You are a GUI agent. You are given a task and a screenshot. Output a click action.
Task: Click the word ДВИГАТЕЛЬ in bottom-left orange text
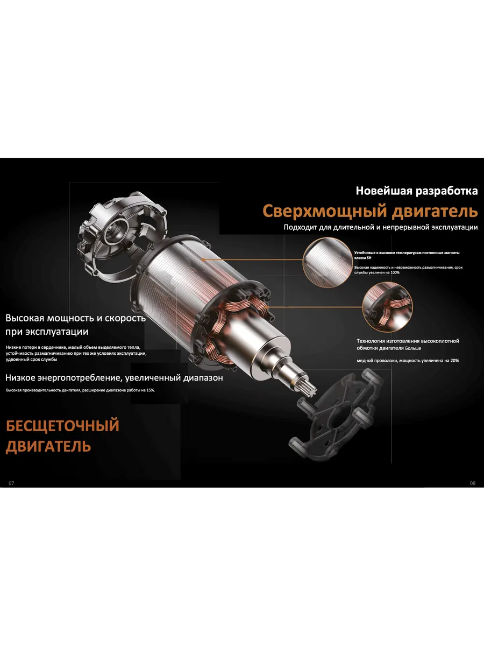[x=48, y=446]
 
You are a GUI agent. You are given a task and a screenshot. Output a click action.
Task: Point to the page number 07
[x=11, y=483]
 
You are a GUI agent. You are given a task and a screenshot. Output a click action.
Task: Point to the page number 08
[x=473, y=483]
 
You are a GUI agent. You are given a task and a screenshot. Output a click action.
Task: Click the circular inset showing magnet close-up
[x=328, y=262]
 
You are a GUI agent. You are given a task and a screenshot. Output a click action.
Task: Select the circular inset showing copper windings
[x=387, y=307]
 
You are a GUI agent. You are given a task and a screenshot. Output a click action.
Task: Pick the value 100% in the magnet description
[x=395, y=272]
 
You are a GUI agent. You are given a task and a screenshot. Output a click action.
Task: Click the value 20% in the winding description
[x=454, y=361]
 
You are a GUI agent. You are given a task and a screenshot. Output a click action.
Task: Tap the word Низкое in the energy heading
[x=19, y=377]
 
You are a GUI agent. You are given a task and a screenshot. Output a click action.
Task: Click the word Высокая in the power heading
[x=25, y=318]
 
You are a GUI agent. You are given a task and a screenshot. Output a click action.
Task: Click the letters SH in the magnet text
[x=369, y=258]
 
